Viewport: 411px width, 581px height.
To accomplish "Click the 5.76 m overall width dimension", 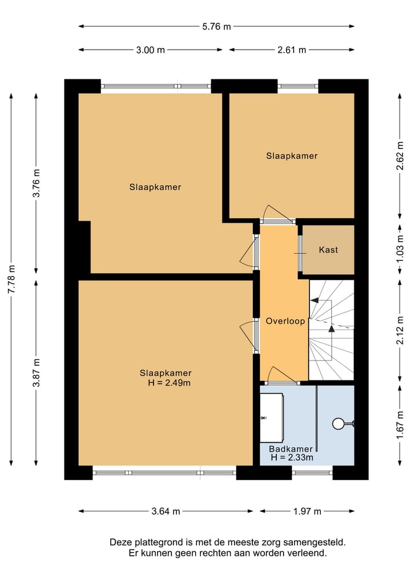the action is (x=216, y=26).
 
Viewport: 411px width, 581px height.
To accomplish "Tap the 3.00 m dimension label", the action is (x=150, y=50).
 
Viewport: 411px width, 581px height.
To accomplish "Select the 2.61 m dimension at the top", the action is (x=292, y=50).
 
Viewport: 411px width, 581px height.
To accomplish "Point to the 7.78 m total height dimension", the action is (x=11, y=279).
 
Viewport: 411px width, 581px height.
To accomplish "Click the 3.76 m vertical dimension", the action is (x=37, y=183).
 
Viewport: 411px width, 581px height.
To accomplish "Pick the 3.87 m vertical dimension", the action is (x=37, y=372).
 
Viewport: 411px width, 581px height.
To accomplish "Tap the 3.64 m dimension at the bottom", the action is (x=166, y=511).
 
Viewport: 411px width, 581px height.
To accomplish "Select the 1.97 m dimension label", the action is (x=307, y=511).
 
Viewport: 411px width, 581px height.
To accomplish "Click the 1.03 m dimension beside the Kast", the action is (x=400, y=249).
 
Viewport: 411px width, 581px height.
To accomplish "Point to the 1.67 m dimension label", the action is (x=400, y=425).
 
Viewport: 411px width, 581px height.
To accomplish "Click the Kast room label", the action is (x=328, y=250).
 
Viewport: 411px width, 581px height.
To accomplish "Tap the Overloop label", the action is (x=285, y=321).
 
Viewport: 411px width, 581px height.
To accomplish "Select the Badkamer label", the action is (x=291, y=449).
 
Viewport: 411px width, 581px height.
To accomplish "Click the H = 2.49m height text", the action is (x=169, y=383).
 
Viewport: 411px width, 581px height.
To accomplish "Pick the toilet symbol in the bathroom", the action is (x=343, y=423).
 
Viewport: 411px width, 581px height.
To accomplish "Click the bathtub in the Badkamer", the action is (x=272, y=418).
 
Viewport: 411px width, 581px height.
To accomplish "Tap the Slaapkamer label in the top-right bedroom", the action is (x=292, y=156).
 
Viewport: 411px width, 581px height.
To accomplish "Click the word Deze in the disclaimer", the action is (x=120, y=543).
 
